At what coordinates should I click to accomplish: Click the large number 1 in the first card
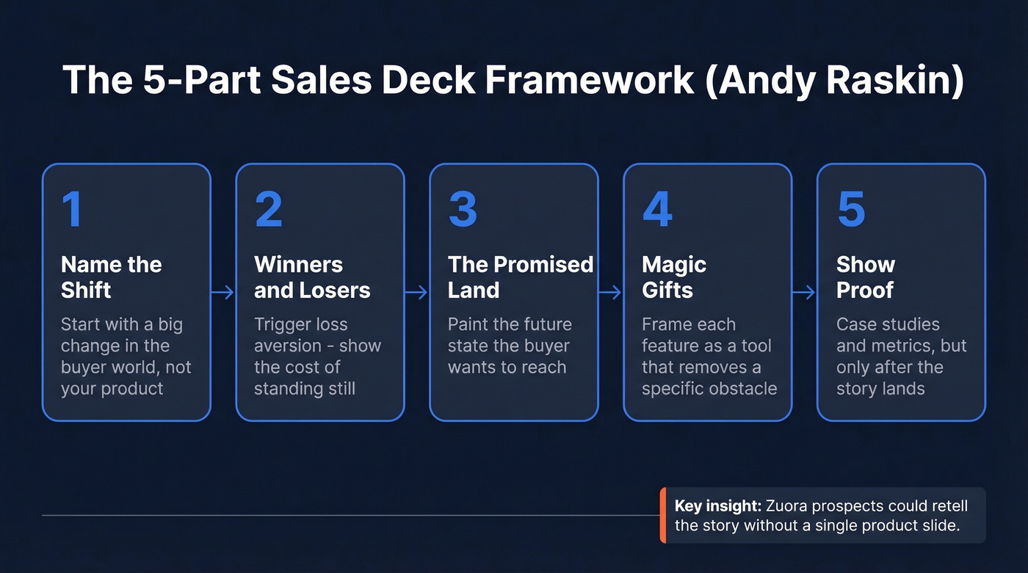pyautogui.click(x=72, y=209)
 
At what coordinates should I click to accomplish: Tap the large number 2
pyautogui.click(x=268, y=209)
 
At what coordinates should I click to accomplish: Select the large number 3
pyautogui.click(x=463, y=209)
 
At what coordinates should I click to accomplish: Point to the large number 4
pyautogui.click(x=657, y=209)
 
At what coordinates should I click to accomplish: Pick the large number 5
pyautogui.click(x=851, y=209)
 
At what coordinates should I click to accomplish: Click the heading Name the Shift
pyautogui.click(x=111, y=277)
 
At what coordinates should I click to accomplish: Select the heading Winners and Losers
pyautogui.click(x=312, y=277)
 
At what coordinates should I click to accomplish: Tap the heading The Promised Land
pyautogui.click(x=520, y=277)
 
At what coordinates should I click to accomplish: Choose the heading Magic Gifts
pyautogui.click(x=673, y=277)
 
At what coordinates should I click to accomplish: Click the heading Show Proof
pyautogui.click(x=865, y=277)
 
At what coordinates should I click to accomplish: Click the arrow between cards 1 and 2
pyautogui.click(x=222, y=293)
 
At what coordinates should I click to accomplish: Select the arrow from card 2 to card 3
pyautogui.click(x=416, y=293)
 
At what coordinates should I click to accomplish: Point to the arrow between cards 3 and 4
pyautogui.click(x=610, y=293)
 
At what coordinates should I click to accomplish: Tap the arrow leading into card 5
pyautogui.click(x=804, y=293)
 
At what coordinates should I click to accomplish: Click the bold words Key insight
pyautogui.click(x=717, y=506)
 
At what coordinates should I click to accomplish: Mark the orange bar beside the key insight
pyautogui.click(x=663, y=516)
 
